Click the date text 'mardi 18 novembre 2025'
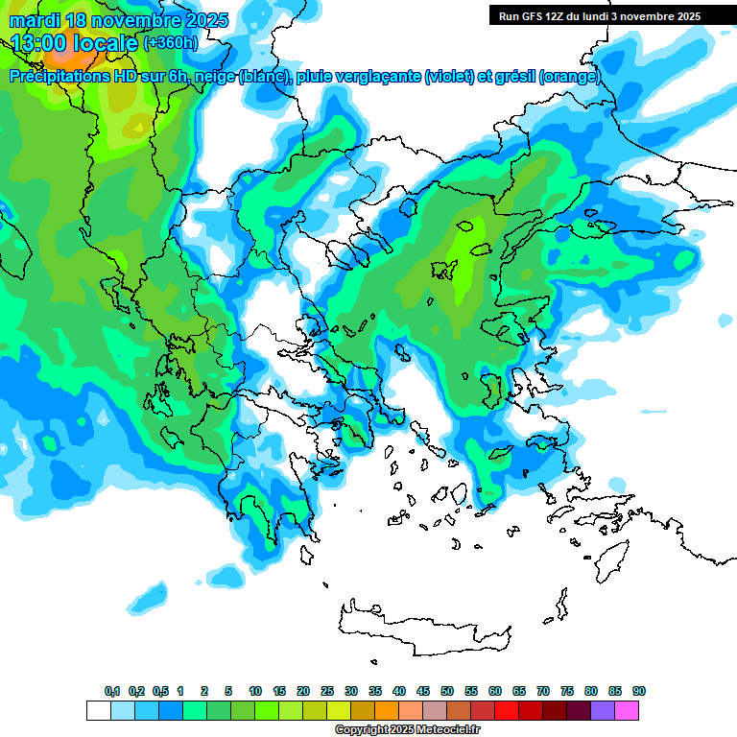pos(119,20)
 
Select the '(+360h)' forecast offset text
pos(171,42)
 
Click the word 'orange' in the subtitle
pos(571,77)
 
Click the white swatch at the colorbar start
pos(98,711)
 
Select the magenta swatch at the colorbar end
pos(627,711)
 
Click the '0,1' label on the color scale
pos(112,692)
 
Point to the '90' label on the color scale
pos(639,692)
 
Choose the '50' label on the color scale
pos(447,692)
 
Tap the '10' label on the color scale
pos(255,692)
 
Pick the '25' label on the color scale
pos(327,692)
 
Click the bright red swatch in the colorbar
pos(507,711)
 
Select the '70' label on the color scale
pos(543,692)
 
